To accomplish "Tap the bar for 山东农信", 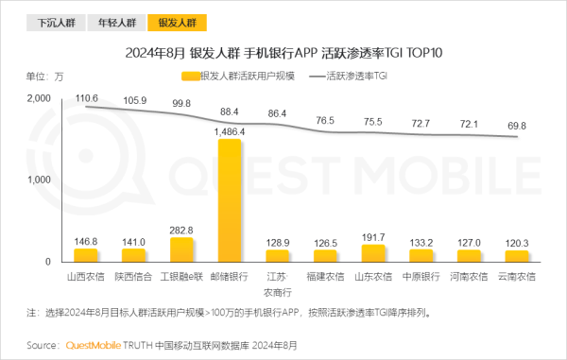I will [x=373, y=253].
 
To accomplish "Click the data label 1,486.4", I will [x=230, y=131].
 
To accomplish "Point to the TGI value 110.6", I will [x=87, y=97].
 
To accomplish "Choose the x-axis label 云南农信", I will [x=516, y=276].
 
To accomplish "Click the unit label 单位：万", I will [x=44, y=76].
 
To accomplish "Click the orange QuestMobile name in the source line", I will [x=93, y=345].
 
